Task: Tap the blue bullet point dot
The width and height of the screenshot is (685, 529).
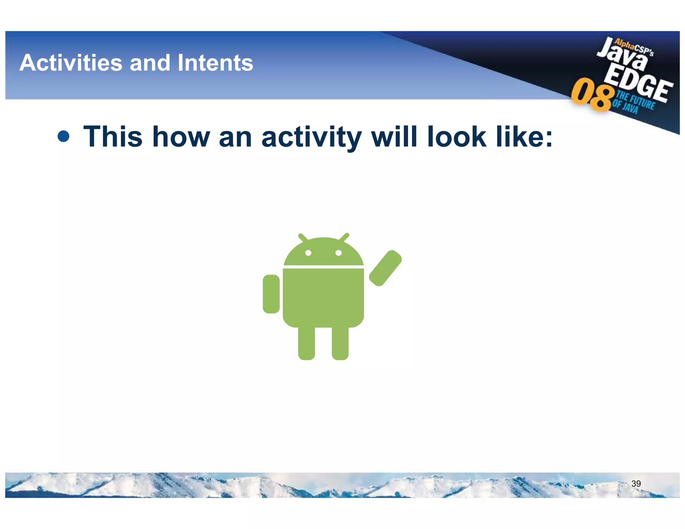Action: [x=64, y=136]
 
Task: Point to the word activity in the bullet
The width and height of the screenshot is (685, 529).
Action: [x=311, y=137]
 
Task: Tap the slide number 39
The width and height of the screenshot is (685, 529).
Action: [x=636, y=484]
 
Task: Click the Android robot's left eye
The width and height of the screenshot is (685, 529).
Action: [x=308, y=253]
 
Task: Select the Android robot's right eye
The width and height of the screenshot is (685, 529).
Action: [x=338, y=253]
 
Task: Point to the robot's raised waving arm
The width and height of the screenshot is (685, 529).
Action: [x=385, y=268]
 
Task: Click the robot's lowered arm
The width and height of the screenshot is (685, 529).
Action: [x=271, y=294]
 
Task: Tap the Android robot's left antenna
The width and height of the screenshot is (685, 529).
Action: [x=303, y=238]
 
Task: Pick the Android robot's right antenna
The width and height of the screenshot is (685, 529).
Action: [x=344, y=237]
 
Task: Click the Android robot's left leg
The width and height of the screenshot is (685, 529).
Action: [x=306, y=343]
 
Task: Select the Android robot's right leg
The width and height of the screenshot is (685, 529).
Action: [x=340, y=343]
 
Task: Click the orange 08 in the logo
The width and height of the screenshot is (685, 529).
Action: [x=592, y=94]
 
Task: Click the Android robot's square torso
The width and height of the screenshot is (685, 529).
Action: [x=323, y=296]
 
